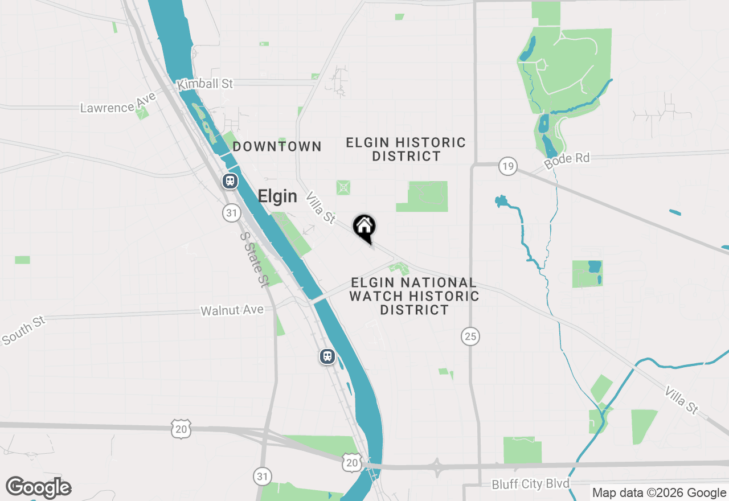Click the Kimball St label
[x=205, y=84]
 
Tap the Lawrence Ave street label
[x=118, y=104]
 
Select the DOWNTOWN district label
[x=277, y=146]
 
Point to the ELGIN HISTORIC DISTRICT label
[x=406, y=149]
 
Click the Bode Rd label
[x=567, y=159]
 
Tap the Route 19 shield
[x=507, y=166]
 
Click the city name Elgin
[x=277, y=196]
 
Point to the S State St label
[x=254, y=258]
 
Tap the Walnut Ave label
[x=232, y=310]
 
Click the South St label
[x=23, y=330]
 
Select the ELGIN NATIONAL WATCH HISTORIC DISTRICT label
[x=414, y=296]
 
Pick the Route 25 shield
[x=470, y=336]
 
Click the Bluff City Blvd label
[x=531, y=484]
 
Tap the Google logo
[x=39, y=487]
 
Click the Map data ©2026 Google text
[x=659, y=493]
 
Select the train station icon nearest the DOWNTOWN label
[x=230, y=181]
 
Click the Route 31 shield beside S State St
[x=231, y=213]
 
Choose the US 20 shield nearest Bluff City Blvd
[x=352, y=463]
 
